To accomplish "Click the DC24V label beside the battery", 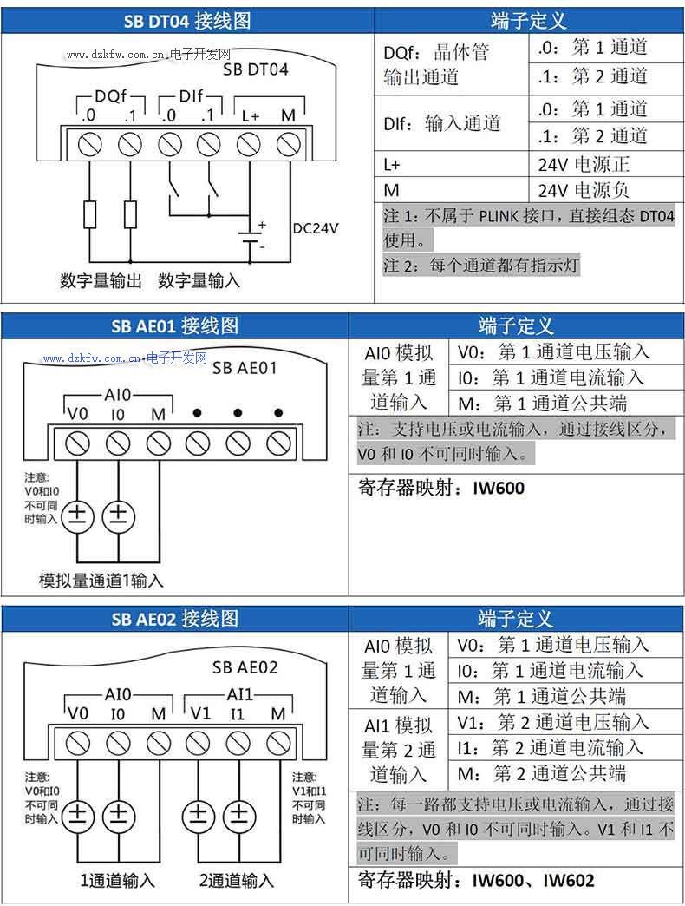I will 316,228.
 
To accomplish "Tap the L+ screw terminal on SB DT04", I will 249,142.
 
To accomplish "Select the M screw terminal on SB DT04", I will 288,142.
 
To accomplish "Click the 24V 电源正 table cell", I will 584,164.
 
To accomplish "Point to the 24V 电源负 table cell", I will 584,189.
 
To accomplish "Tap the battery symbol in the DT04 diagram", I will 251,240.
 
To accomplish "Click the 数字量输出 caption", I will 101,281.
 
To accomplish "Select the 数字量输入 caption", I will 199,281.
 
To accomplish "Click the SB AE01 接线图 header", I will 174,326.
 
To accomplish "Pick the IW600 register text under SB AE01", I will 499,488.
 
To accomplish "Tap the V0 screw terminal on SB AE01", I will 78,443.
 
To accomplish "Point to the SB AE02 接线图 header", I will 174,619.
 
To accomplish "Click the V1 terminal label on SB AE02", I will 200,713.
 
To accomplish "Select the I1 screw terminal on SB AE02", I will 238,743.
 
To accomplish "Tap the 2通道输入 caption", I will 237,881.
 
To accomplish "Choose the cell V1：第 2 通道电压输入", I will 552,722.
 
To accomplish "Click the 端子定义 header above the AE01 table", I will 516,326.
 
